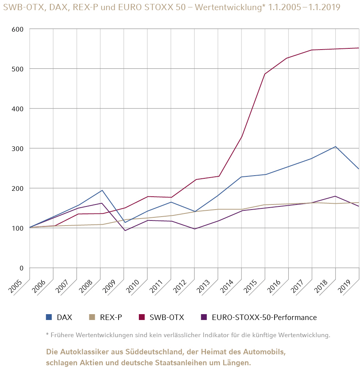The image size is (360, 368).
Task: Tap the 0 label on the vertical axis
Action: click(x=21, y=268)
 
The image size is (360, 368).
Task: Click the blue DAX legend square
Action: click(x=49, y=317)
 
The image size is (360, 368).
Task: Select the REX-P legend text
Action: click(x=111, y=317)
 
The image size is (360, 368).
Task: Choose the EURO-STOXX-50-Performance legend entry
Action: click(x=264, y=317)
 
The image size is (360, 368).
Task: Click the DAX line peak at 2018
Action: click(x=335, y=147)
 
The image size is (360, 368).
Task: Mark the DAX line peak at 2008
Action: click(x=102, y=190)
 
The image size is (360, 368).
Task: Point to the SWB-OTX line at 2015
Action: click(x=265, y=74)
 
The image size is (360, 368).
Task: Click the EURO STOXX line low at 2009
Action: click(x=125, y=230)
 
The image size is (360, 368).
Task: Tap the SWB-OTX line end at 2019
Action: click(x=358, y=48)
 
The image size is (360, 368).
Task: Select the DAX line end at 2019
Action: click(x=358, y=169)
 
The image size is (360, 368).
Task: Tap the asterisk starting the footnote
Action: click(x=47, y=334)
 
